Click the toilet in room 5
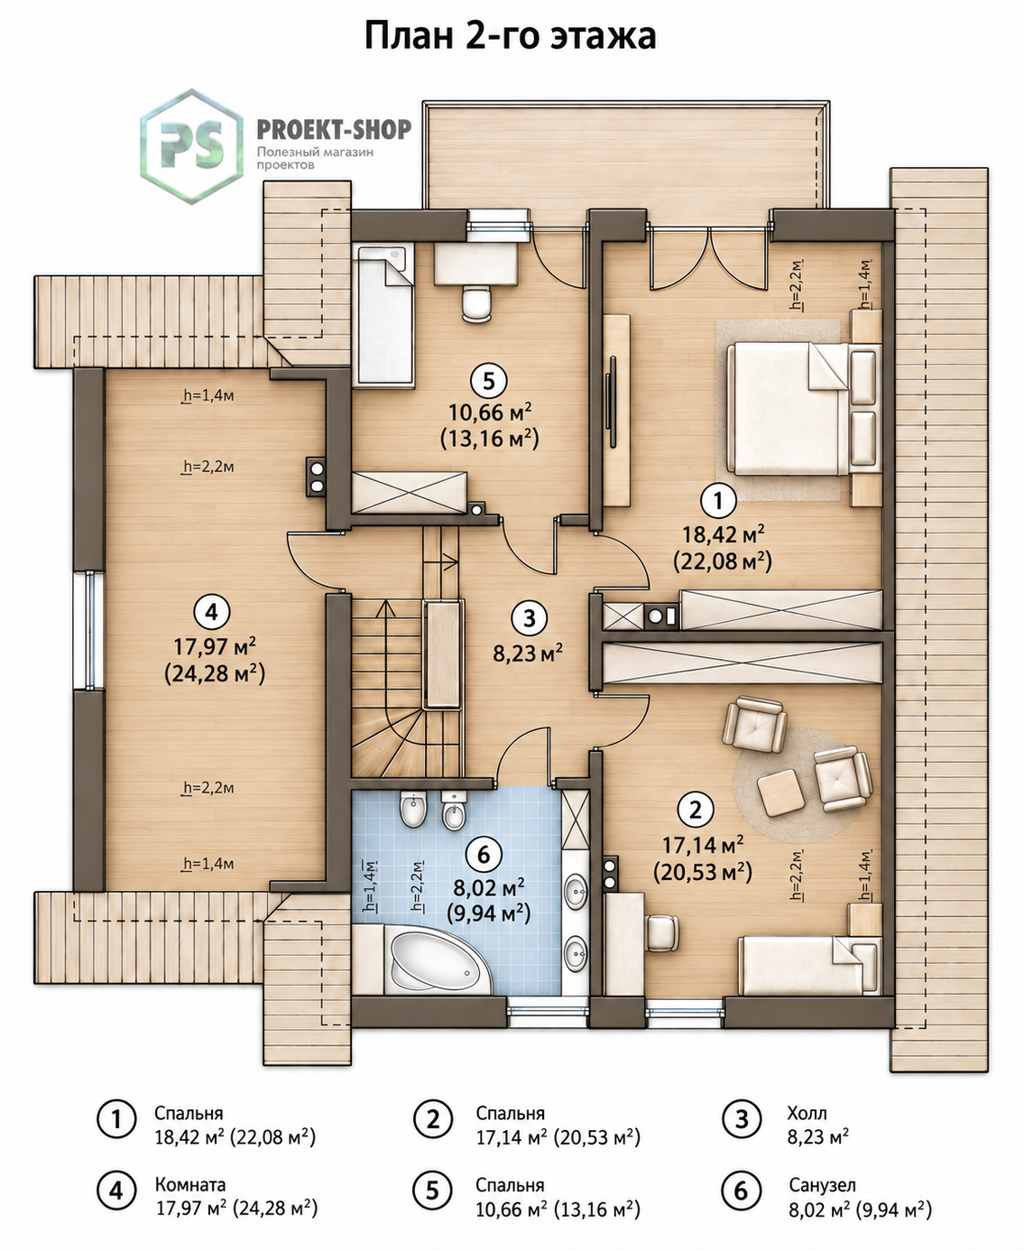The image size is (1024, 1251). (476, 303)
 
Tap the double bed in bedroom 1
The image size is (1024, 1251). (788, 410)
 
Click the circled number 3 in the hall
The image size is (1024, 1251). (529, 618)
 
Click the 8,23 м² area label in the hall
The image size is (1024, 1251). (528, 653)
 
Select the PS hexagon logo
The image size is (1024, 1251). (191, 146)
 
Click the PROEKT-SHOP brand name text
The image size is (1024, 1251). (334, 129)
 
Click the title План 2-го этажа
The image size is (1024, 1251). (510, 37)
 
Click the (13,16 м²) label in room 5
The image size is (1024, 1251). (489, 439)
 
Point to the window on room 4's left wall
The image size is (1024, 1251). (89, 630)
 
